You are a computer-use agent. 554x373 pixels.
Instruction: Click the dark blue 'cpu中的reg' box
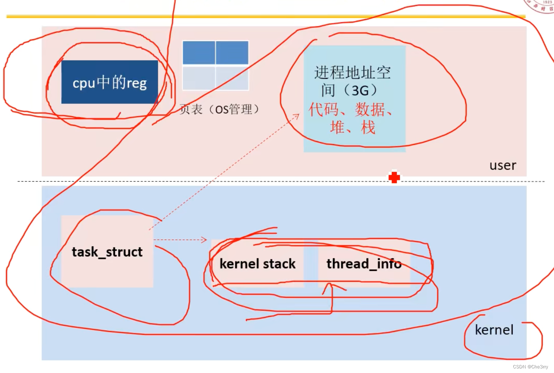click(x=109, y=82)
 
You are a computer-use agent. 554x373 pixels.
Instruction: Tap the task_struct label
click(x=107, y=252)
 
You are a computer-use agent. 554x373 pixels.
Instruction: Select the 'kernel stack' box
click(x=257, y=264)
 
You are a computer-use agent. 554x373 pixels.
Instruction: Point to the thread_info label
click(x=364, y=264)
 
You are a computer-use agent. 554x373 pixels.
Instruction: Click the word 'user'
click(x=503, y=165)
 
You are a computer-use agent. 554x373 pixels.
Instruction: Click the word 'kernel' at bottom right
click(x=494, y=330)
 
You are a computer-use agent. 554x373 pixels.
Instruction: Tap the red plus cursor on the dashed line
click(x=394, y=177)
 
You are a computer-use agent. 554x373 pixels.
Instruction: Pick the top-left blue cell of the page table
click(x=199, y=53)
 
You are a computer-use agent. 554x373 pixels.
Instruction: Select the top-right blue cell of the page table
click(x=232, y=53)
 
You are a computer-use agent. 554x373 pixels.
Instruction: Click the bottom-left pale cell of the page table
click(x=199, y=78)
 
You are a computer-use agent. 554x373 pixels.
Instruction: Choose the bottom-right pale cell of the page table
click(x=232, y=78)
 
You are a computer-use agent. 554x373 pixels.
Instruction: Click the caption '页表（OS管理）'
click(x=219, y=110)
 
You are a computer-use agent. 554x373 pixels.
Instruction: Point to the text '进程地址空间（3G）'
click(x=352, y=81)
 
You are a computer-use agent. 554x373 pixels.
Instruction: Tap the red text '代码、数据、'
click(x=350, y=110)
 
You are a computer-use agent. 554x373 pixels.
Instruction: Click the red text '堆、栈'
click(x=352, y=127)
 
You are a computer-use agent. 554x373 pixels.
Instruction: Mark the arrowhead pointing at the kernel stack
click(x=204, y=240)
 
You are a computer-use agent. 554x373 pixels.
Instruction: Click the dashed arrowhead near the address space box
click(x=297, y=115)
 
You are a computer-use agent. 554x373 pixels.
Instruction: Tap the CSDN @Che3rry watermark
click(x=530, y=367)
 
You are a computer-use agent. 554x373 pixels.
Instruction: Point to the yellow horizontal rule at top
click(x=266, y=16)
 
